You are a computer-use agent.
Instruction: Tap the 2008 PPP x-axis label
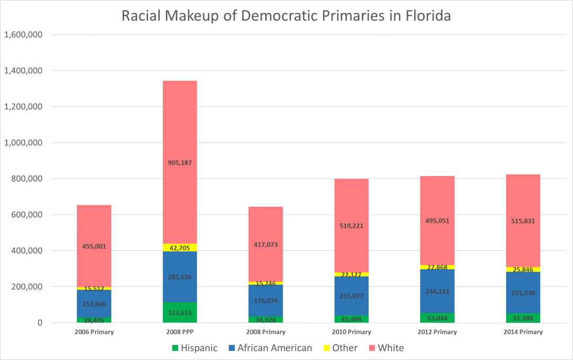pyautogui.click(x=180, y=332)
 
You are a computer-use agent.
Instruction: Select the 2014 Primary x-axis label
pyautogui.click(x=523, y=332)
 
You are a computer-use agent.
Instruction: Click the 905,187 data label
pyautogui.click(x=180, y=163)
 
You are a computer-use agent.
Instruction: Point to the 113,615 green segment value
pyautogui.click(x=180, y=313)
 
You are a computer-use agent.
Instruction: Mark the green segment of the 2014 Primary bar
pyautogui.click(x=523, y=318)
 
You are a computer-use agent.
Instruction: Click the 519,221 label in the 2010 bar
pyautogui.click(x=352, y=225)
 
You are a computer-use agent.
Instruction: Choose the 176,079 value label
pyautogui.click(x=266, y=301)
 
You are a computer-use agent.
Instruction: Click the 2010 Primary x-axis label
pyautogui.click(x=352, y=332)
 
